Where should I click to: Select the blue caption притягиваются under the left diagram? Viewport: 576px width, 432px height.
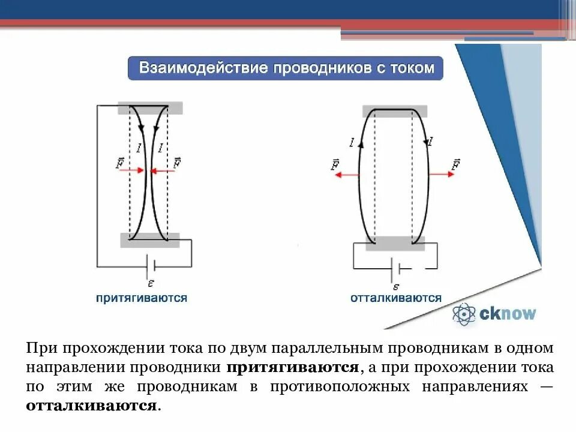141,298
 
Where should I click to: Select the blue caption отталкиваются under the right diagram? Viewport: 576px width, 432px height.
396,298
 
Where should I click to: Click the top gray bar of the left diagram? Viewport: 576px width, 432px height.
150,109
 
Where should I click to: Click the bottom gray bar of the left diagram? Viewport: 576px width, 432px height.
150,240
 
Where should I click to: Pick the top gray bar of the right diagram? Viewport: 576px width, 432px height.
395,111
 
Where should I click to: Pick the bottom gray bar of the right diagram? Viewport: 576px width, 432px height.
395,244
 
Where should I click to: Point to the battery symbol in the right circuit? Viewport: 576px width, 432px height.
396,268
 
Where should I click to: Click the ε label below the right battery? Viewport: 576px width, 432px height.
395,286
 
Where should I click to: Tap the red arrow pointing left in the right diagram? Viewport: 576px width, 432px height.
346,175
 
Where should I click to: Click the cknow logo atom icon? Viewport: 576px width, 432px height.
464,314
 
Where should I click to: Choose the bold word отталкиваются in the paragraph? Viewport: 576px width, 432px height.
91,405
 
